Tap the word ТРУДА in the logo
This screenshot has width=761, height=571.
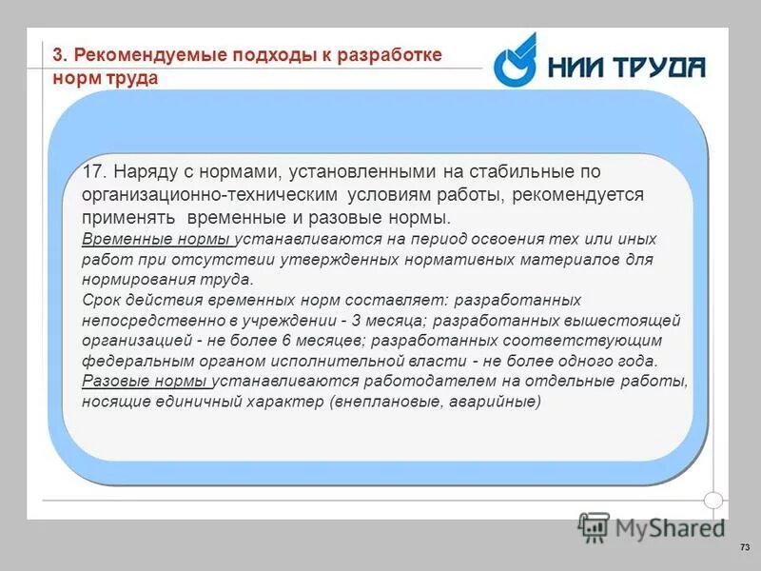point(657,68)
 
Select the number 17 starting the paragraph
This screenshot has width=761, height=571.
point(92,172)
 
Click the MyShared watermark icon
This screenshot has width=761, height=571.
point(594,526)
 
